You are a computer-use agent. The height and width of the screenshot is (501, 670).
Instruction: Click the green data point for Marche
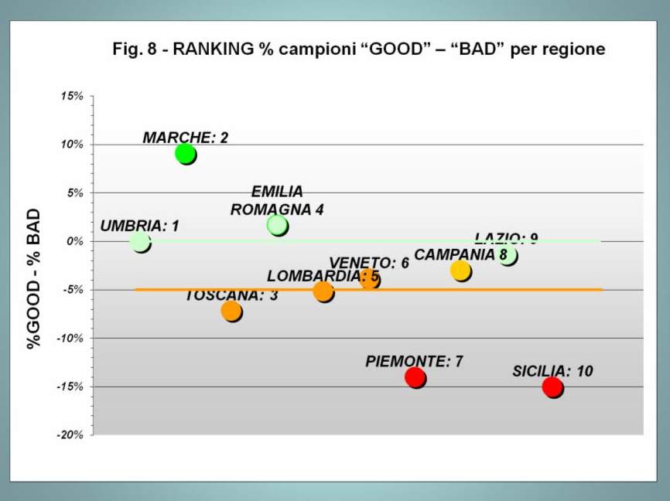pyautogui.click(x=185, y=153)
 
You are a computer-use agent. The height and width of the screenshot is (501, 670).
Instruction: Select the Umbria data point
pyautogui.click(x=140, y=242)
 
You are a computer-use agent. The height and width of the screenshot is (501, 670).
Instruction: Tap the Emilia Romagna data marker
pyautogui.click(x=277, y=225)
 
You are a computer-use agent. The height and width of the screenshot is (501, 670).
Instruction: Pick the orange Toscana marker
pyautogui.click(x=231, y=311)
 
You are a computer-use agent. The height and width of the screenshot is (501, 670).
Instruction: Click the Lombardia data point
pyautogui.click(x=323, y=291)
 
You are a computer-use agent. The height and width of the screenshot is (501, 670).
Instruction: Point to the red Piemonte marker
pyautogui.click(x=415, y=377)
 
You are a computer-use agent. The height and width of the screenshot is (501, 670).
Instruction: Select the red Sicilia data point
pyautogui.click(x=552, y=387)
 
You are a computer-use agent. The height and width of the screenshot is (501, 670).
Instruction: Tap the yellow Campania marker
pyautogui.click(x=461, y=270)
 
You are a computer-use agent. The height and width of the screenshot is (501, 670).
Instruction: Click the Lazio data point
pyautogui.click(x=508, y=254)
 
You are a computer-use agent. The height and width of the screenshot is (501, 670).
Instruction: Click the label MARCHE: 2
pyautogui.click(x=186, y=138)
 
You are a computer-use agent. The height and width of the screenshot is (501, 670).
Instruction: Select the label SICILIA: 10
pyautogui.click(x=552, y=371)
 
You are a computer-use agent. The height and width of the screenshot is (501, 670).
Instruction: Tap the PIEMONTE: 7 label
pyautogui.click(x=414, y=361)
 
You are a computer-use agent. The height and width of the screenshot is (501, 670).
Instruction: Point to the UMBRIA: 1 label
pyautogui.click(x=139, y=227)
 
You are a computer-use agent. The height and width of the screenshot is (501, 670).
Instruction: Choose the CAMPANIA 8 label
pyautogui.click(x=460, y=254)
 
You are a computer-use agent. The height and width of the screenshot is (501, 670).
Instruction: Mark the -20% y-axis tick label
pyautogui.click(x=70, y=435)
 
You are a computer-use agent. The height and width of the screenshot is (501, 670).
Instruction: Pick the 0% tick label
pyautogui.click(x=74, y=241)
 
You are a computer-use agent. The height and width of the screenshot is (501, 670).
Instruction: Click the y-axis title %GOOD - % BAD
pyautogui.click(x=34, y=278)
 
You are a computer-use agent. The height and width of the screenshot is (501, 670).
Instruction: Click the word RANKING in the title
pyautogui.click(x=212, y=49)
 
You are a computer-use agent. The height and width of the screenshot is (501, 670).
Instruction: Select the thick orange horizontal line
pyautogui.click(x=542, y=290)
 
